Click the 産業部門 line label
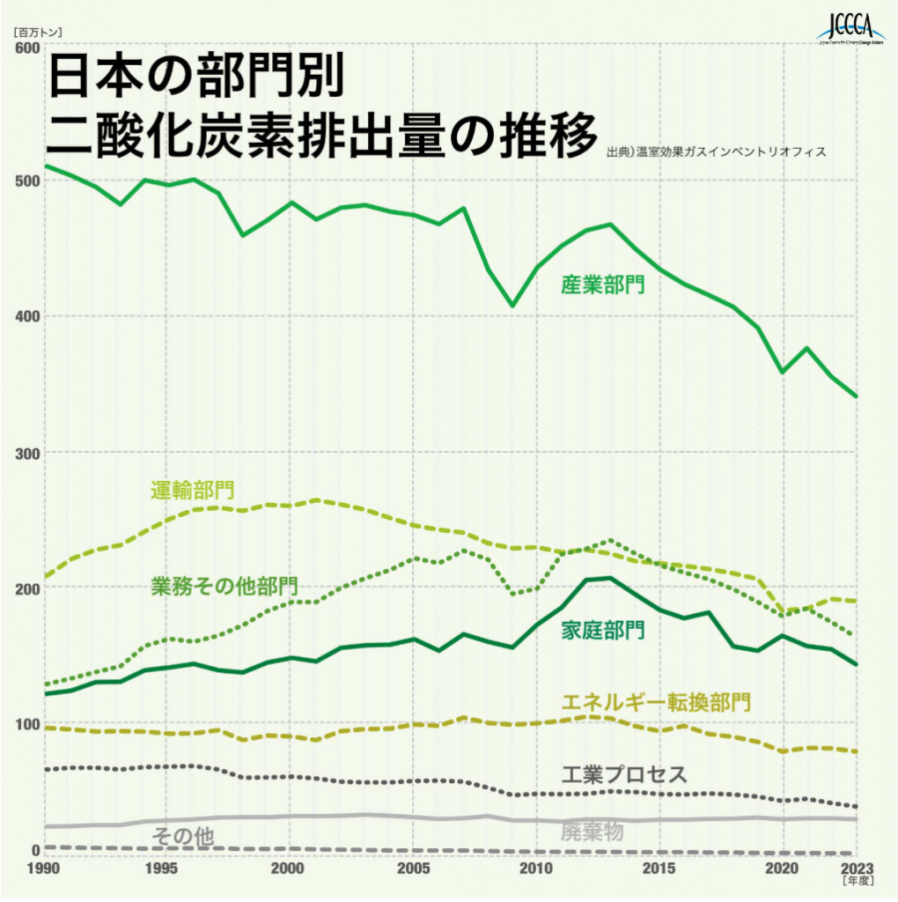point(603,285)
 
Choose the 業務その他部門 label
point(224,586)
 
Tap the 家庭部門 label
point(603,630)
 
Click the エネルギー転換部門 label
point(656,702)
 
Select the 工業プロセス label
point(623,775)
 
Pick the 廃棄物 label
point(592,831)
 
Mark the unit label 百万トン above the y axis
point(35,32)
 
